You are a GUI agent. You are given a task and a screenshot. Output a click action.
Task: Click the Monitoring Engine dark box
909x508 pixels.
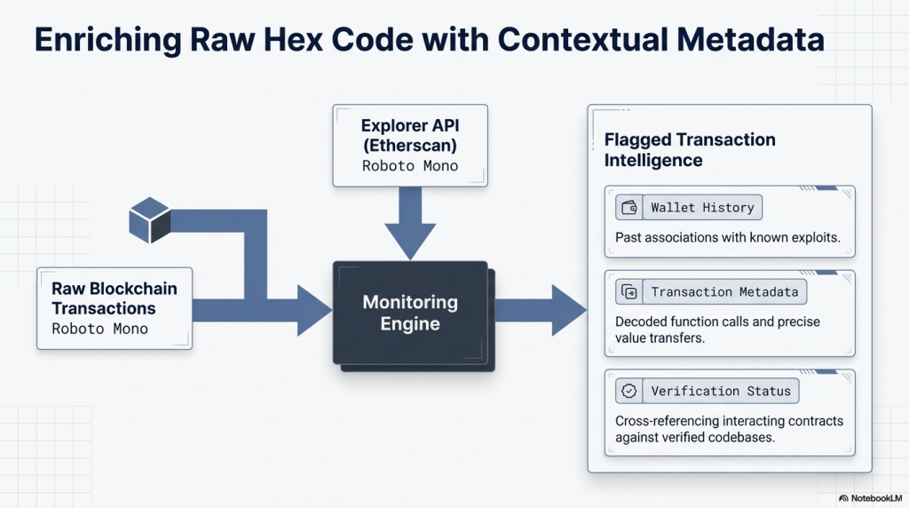(x=410, y=313)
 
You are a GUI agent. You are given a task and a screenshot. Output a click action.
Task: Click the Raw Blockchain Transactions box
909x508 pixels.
(x=115, y=307)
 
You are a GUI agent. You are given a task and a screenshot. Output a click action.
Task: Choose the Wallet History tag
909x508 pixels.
(x=701, y=208)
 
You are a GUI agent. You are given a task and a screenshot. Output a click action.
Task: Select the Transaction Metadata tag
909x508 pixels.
(x=723, y=292)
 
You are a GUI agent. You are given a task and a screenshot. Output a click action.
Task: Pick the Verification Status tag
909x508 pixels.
(x=720, y=391)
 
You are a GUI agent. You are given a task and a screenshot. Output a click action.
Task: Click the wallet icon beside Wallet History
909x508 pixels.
(x=629, y=208)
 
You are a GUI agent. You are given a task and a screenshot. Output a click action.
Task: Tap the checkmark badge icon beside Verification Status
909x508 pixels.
(x=629, y=391)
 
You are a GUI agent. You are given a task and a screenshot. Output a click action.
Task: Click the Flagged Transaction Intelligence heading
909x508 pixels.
(x=690, y=150)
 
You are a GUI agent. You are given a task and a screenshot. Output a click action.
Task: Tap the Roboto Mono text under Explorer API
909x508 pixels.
(x=410, y=165)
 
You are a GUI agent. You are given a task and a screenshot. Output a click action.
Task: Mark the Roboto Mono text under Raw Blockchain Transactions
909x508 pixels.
(x=99, y=329)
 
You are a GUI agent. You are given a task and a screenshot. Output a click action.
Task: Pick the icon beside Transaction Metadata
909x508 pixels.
(x=629, y=292)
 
